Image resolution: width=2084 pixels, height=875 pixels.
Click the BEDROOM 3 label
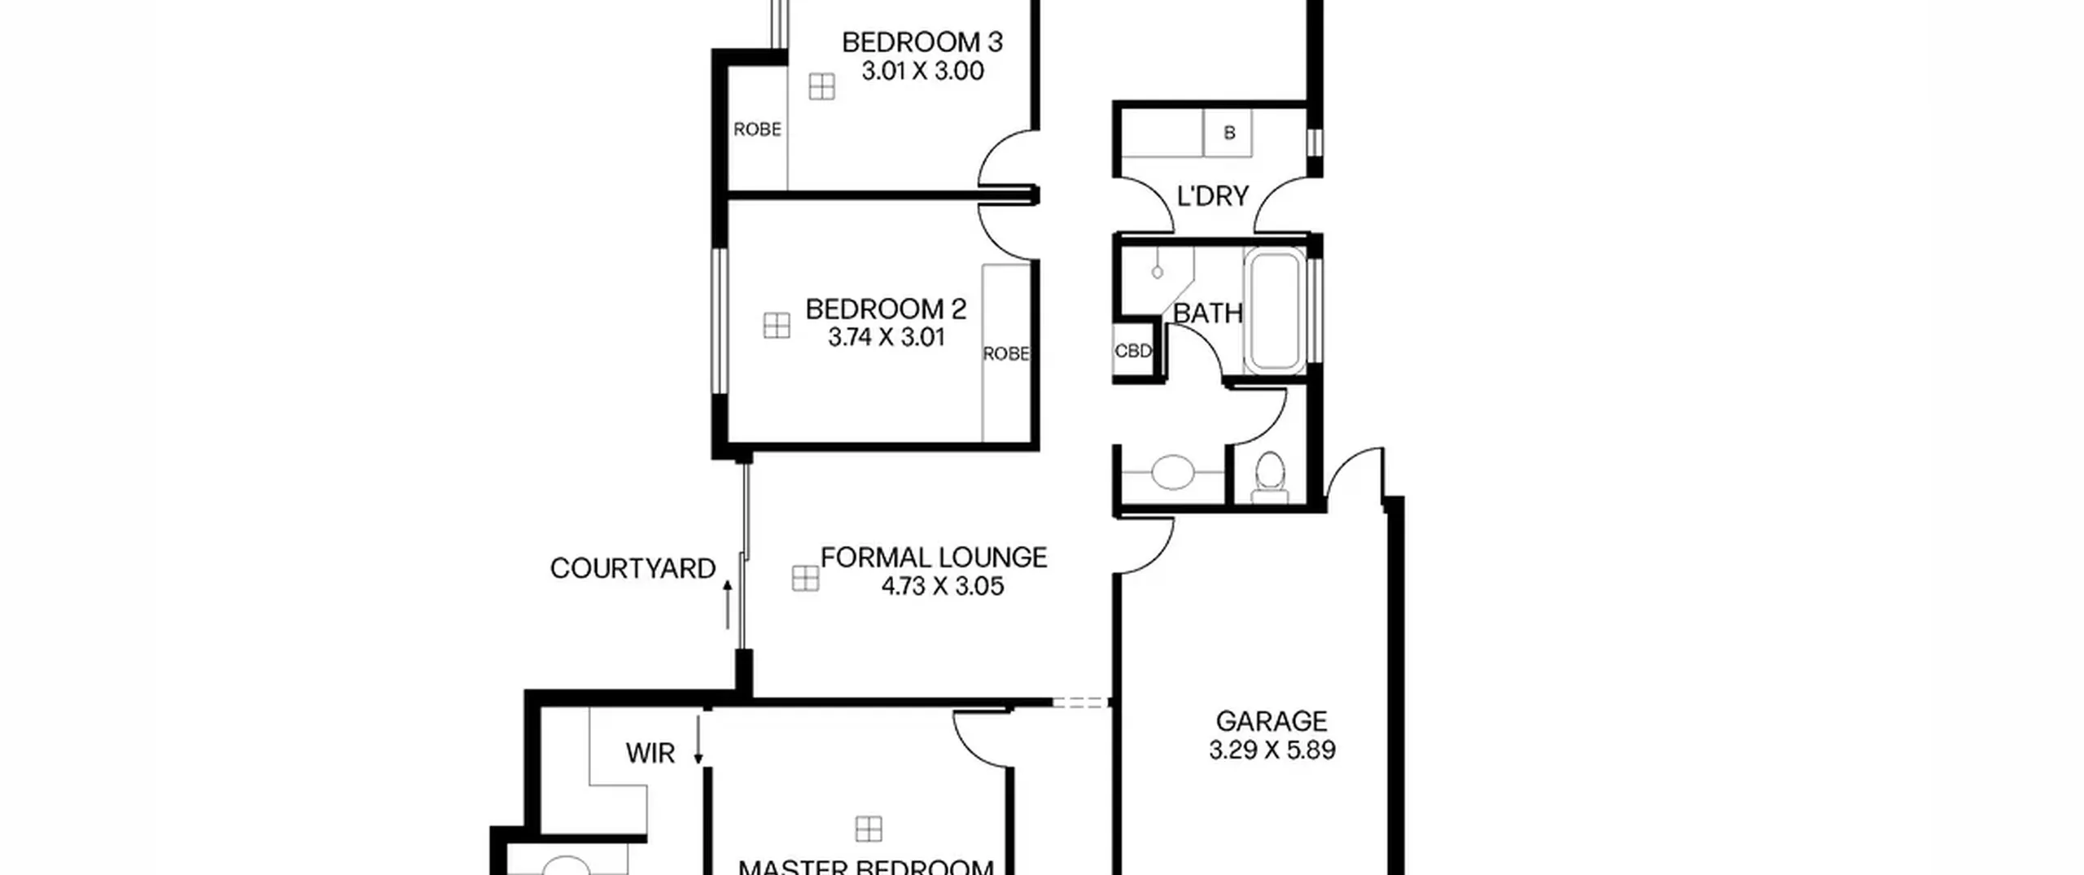(922, 42)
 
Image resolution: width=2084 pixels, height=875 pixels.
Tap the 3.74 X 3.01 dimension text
(887, 337)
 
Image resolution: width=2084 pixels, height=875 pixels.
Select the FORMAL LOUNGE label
(934, 558)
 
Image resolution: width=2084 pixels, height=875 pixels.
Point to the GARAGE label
(1272, 721)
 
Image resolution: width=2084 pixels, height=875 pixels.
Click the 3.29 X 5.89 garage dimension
(1272, 750)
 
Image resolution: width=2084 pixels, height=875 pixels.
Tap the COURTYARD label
(633, 568)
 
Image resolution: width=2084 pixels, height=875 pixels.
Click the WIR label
(650, 754)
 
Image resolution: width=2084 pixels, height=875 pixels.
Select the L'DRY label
(1213, 196)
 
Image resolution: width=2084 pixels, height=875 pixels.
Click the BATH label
(1208, 313)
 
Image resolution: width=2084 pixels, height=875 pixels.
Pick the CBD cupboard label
(1133, 351)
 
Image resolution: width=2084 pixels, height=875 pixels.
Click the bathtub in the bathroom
(1274, 312)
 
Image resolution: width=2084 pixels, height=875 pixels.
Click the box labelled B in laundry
(1228, 133)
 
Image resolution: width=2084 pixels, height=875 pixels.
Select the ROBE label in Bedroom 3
(757, 129)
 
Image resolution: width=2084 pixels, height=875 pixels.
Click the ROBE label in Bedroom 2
(1006, 354)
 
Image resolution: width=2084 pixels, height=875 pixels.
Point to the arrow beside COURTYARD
(727, 604)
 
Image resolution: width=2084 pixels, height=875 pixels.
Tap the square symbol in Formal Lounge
(805, 579)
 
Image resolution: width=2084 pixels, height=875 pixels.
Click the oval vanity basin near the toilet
(1172, 472)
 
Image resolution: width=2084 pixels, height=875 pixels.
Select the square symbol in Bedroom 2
(777, 326)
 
